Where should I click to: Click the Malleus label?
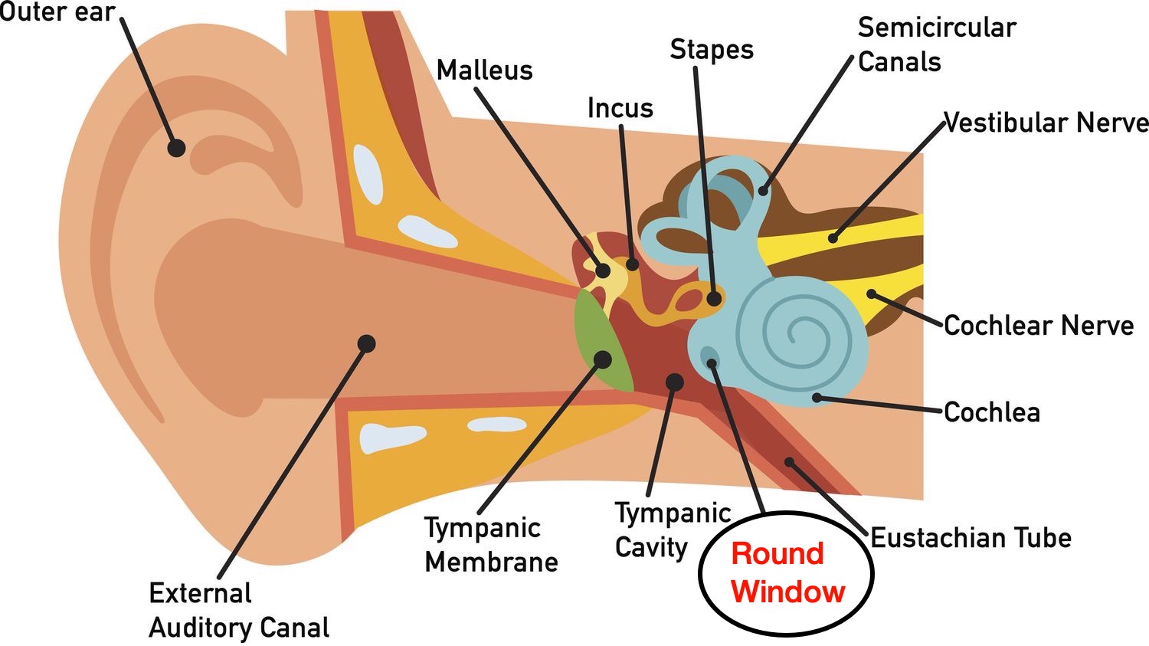484,71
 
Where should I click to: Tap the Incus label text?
620,108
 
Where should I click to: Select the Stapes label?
712,50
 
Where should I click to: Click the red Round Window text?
787,572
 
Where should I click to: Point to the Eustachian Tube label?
971,538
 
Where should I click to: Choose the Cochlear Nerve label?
1038,326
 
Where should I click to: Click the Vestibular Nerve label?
1046,123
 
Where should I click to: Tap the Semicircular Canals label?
936,44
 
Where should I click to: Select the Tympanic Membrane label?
491,545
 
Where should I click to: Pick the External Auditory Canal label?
238,610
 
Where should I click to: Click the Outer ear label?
57,12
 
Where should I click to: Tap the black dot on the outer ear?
177,148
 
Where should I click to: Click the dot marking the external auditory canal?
367,343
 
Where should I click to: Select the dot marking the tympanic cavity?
674,382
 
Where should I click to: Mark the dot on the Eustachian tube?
789,462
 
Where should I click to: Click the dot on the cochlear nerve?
871,294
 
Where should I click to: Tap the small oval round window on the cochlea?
709,356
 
